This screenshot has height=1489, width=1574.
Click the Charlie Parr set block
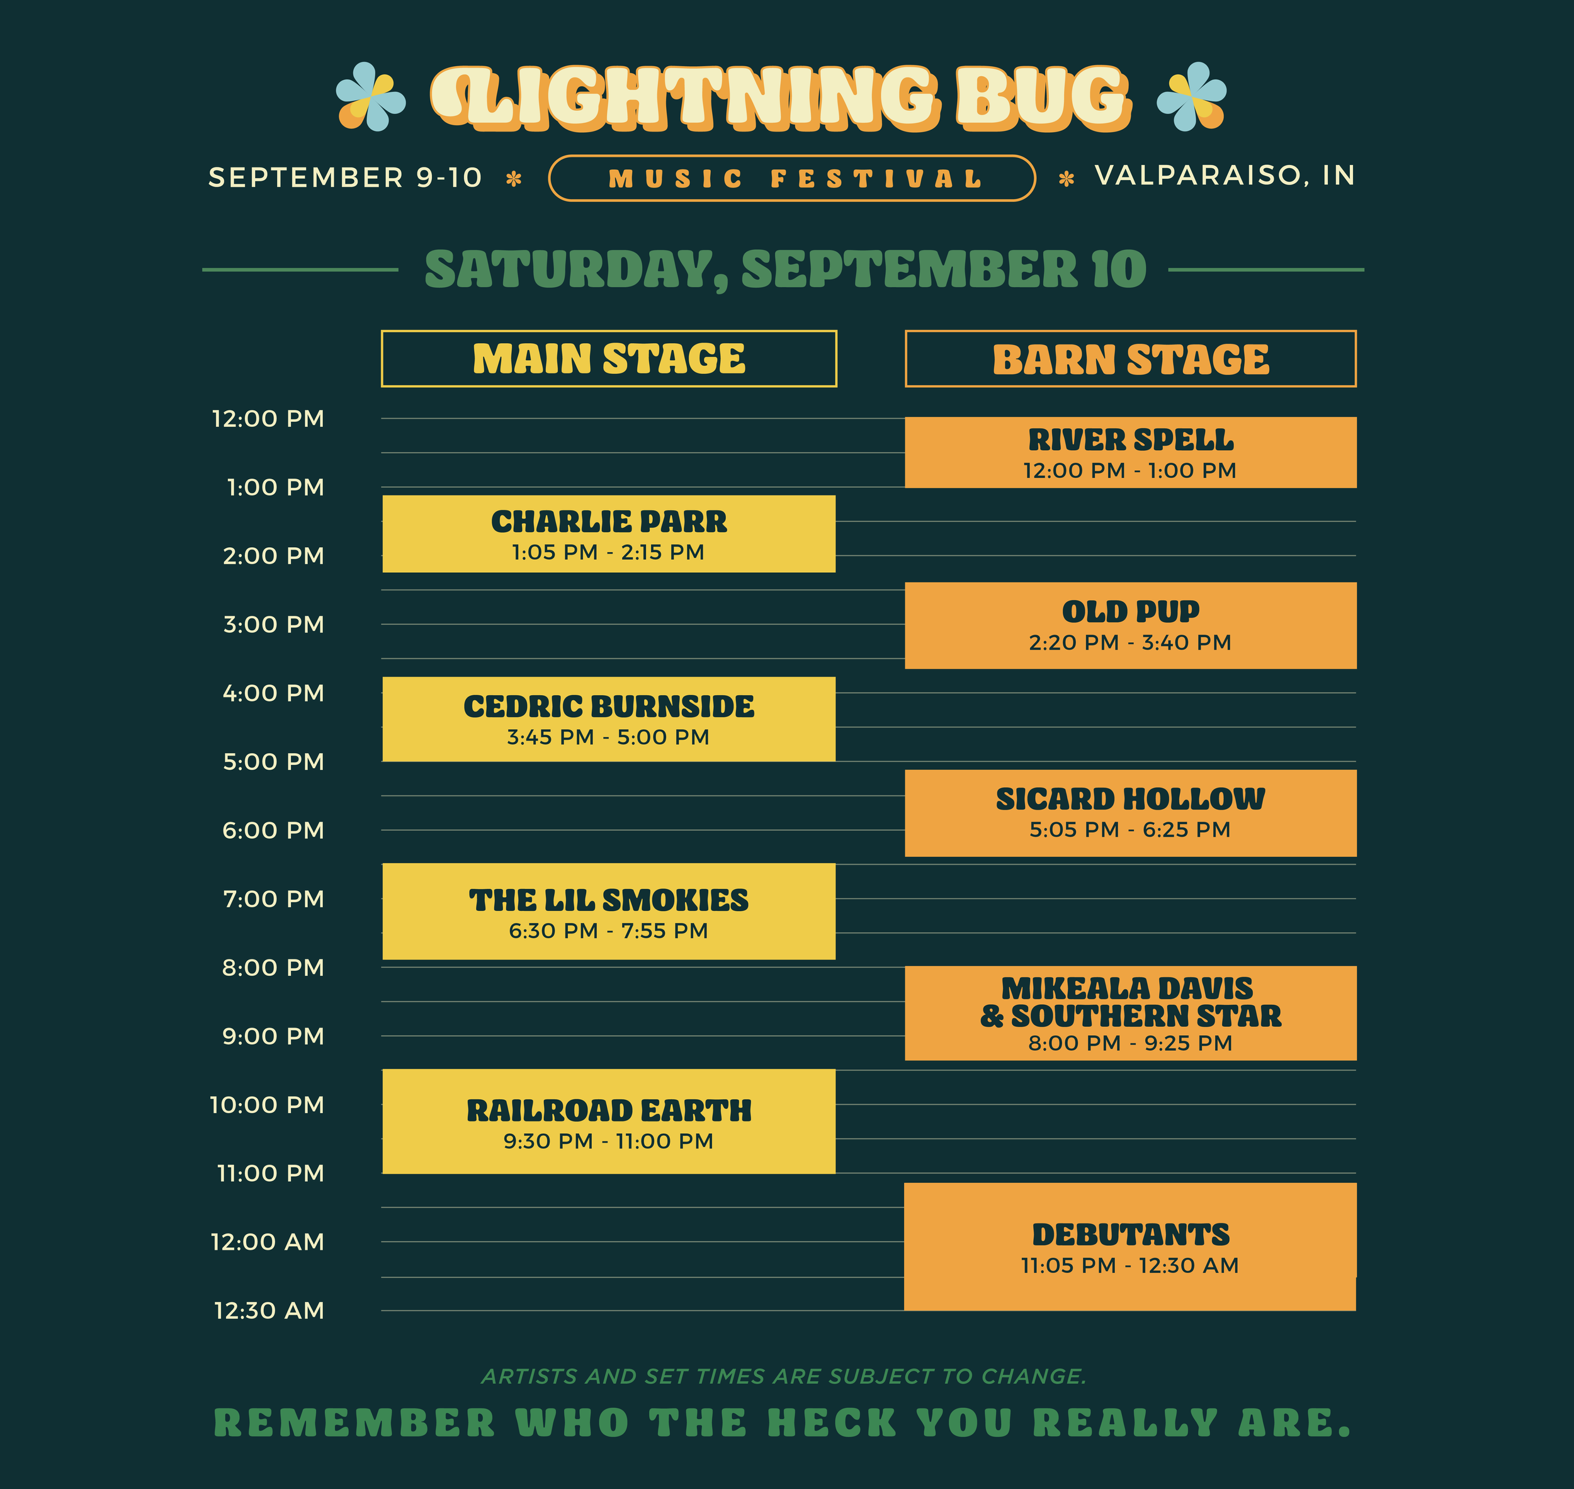(x=609, y=534)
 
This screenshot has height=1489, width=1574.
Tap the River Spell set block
(x=1130, y=453)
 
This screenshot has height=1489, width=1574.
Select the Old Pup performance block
(x=1130, y=625)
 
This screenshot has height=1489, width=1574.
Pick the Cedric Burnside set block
(x=609, y=719)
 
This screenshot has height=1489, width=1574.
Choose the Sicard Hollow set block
(x=1130, y=813)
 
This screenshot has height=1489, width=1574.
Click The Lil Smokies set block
(x=609, y=912)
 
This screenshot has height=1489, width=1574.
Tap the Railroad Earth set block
(x=609, y=1121)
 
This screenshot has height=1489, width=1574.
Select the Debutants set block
(x=1130, y=1247)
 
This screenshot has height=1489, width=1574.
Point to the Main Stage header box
(x=609, y=359)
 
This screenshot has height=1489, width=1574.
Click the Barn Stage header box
(x=1130, y=359)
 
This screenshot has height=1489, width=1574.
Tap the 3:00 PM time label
(x=274, y=625)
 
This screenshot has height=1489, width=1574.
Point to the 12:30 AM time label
(x=269, y=1310)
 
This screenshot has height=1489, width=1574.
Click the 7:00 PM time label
(x=274, y=899)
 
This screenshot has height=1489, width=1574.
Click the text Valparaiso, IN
(x=1225, y=176)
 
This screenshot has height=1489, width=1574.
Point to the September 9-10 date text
(x=345, y=178)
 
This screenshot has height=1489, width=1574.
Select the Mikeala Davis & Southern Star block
(x=1130, y=1014)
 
